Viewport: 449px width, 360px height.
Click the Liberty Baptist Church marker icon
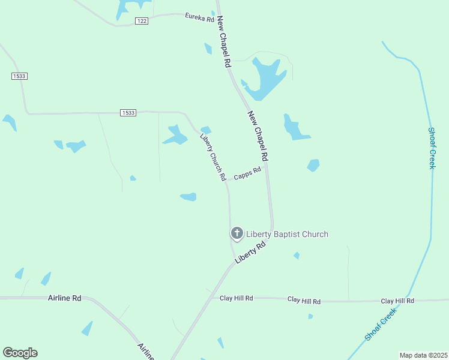coord(237,233)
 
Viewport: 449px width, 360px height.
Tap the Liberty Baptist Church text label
coord(288,234)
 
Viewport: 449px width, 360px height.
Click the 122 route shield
coord(141,21)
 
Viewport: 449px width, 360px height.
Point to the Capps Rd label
coord(247,174)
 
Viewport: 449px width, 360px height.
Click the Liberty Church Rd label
coord(212,157)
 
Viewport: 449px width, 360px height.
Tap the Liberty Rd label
coord(250,253)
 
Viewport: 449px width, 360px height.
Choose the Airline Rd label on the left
coord(64,298)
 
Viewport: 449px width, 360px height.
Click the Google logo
coord(20,353)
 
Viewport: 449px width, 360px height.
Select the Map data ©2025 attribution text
coord(423,355)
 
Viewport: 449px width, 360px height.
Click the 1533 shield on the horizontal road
coord(128,113)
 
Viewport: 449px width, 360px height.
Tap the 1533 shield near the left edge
coord(19,76)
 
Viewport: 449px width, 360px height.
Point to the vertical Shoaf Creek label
coord(431,148)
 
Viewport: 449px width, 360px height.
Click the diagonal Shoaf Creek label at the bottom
coord(381,325)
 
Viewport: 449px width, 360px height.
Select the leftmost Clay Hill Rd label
coord(236,298)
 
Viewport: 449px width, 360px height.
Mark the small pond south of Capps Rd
coord(188,196)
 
